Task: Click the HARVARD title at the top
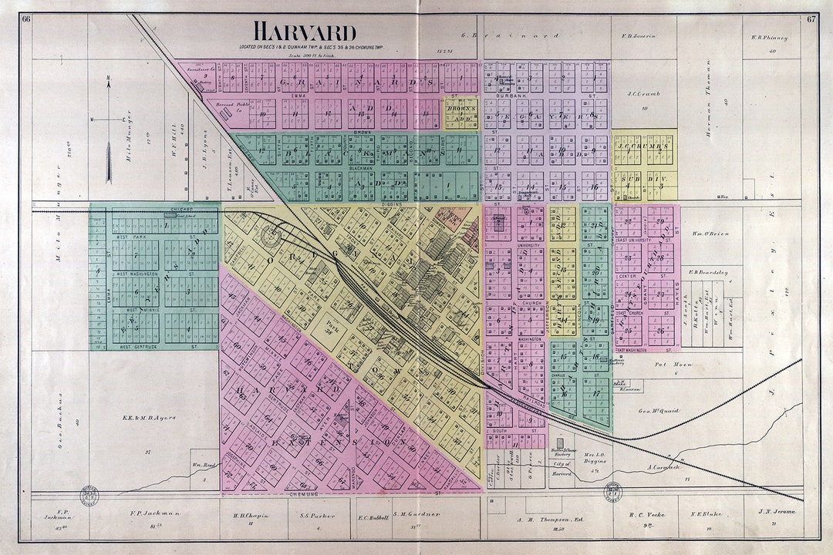[x=305, y=32]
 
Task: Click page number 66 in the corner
[x=26, y=19]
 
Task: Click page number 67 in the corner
[x=811, y=19]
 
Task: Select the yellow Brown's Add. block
[x=460, y=113]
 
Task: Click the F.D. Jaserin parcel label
[x=638, y=36]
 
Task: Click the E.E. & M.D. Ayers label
[x=150, y=418]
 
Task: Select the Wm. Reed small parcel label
[x=203, y=465]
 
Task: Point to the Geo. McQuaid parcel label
[x=659, y=411]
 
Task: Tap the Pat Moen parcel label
[x=668, y=365]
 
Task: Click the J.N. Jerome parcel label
[x=776, y=512]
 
